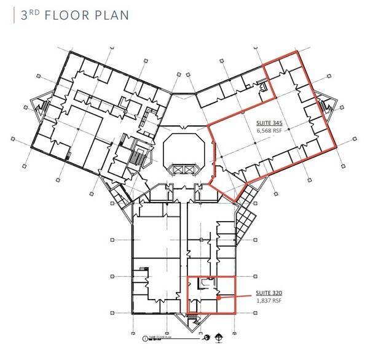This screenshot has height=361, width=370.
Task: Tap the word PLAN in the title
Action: [111, 14]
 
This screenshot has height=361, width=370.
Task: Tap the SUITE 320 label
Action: [268, 293]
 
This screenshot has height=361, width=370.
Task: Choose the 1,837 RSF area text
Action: [268, 301]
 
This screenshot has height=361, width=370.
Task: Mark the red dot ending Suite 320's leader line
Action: [218, 299]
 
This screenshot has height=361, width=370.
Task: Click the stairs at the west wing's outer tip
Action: [43, 109]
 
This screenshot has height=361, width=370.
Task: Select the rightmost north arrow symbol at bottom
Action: [220, 336]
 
